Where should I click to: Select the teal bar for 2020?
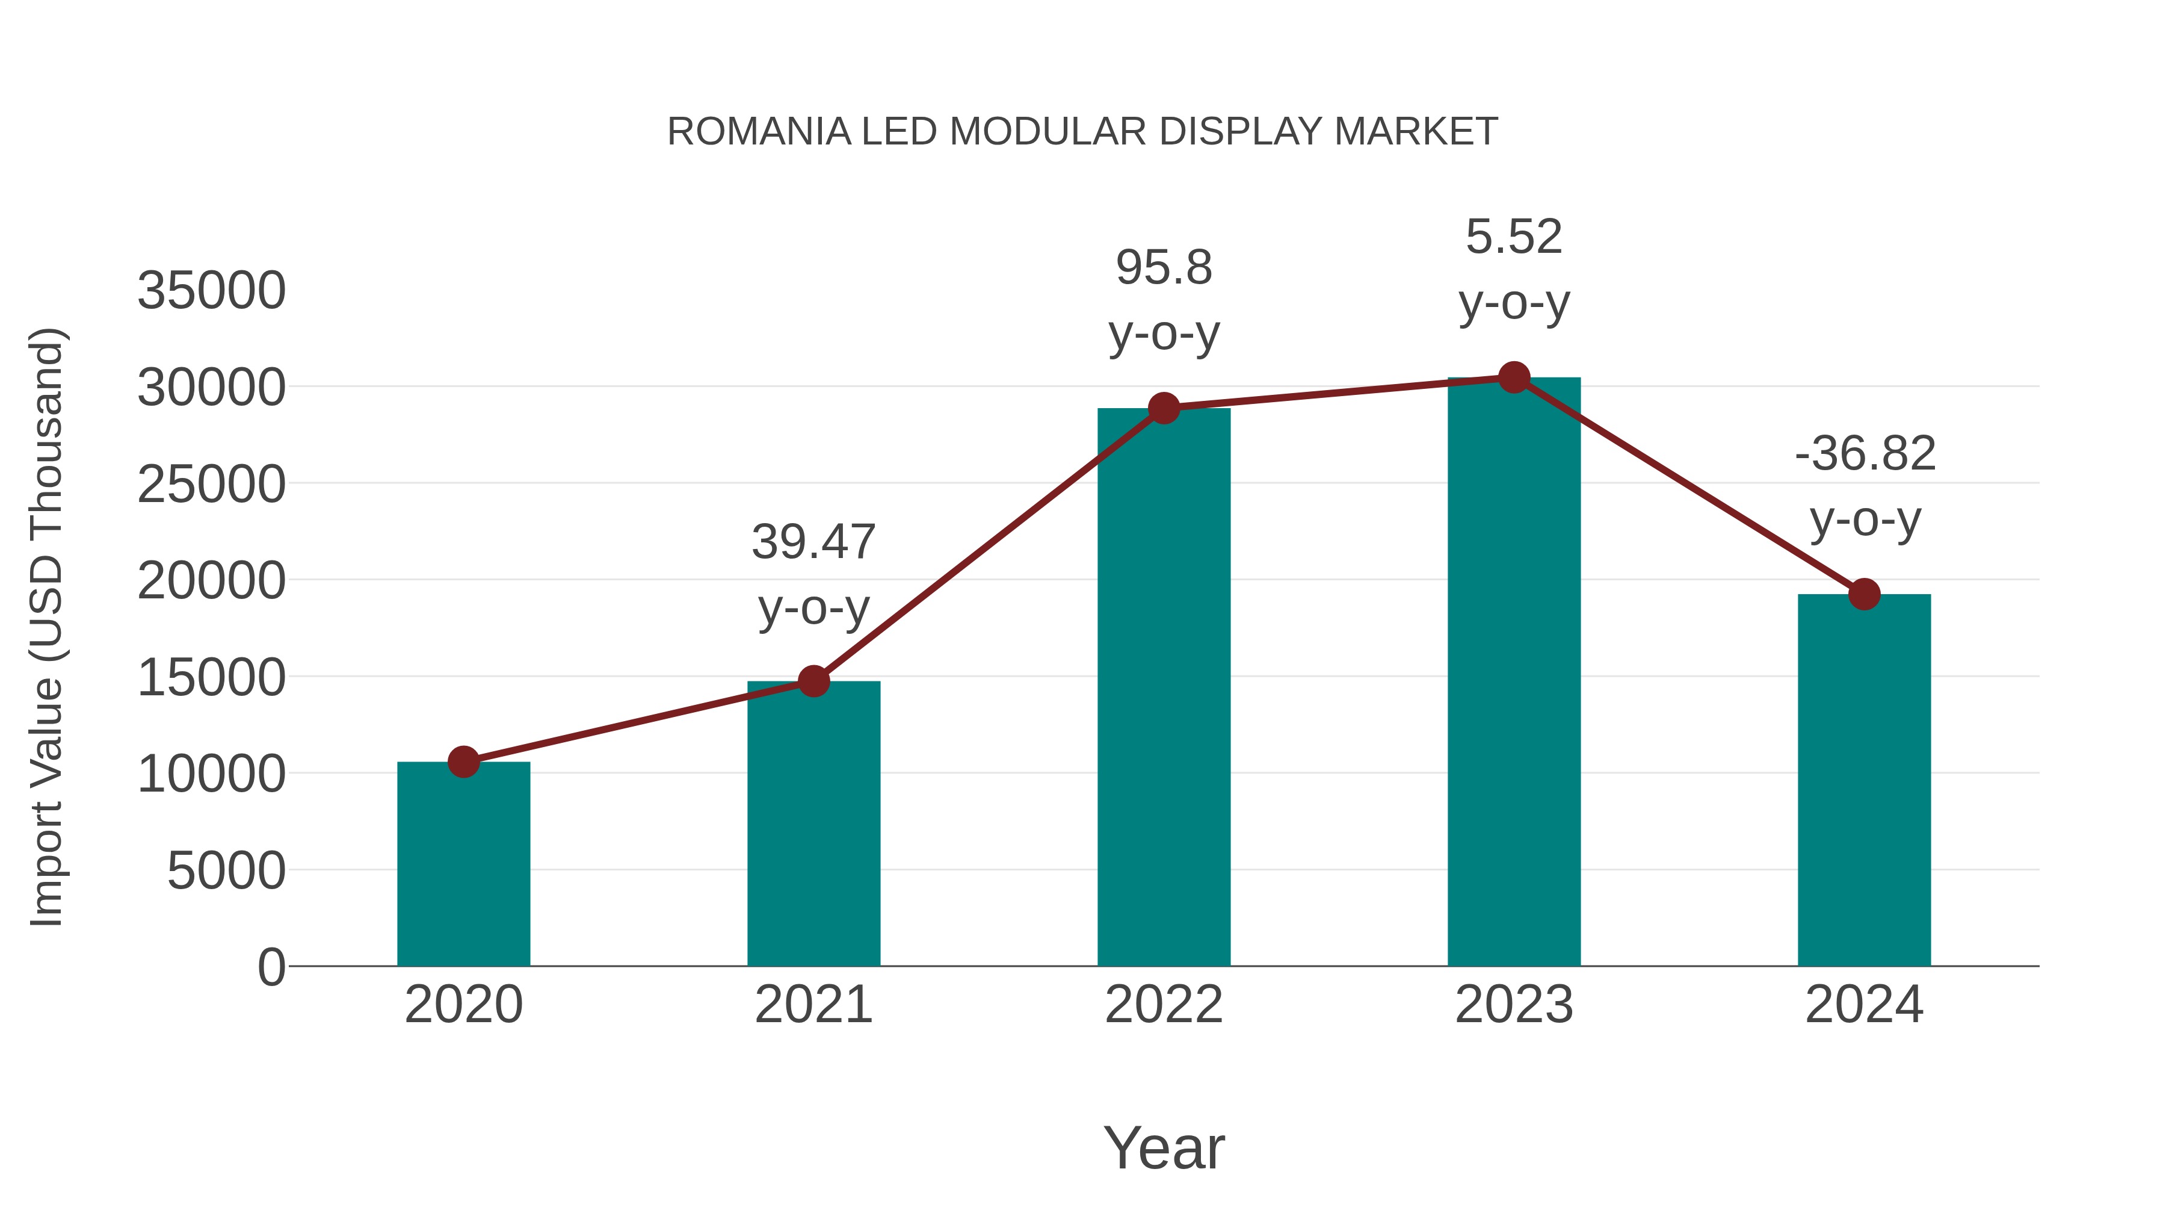click(x=463, y=866)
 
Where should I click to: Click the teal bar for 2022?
click(x=1164, y=690)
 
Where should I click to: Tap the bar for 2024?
click(x=1864, y=783)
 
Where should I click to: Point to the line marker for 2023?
click(x=1514, y=377)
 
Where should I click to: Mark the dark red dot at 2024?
click(x=1864, y=594)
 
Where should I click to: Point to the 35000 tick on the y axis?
click(x=212, y=291)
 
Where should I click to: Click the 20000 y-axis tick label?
click(x=212, y=580)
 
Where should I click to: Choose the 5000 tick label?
click(x=226, y=870)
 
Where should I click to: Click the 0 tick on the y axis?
click(x=271, y=967)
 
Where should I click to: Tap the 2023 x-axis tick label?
click(x=1514, y=1005)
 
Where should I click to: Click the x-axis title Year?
click(x=1164, y=1147)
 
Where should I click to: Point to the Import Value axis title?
click(x=47, y=627)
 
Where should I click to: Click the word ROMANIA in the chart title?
click(x=759, y=132)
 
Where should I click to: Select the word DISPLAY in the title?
click(x=1241, y=132)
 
